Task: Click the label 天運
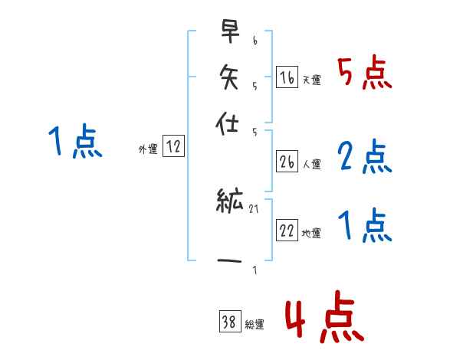click(311, 80)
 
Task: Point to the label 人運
click(311, 163)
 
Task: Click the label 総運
click(255, 324)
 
